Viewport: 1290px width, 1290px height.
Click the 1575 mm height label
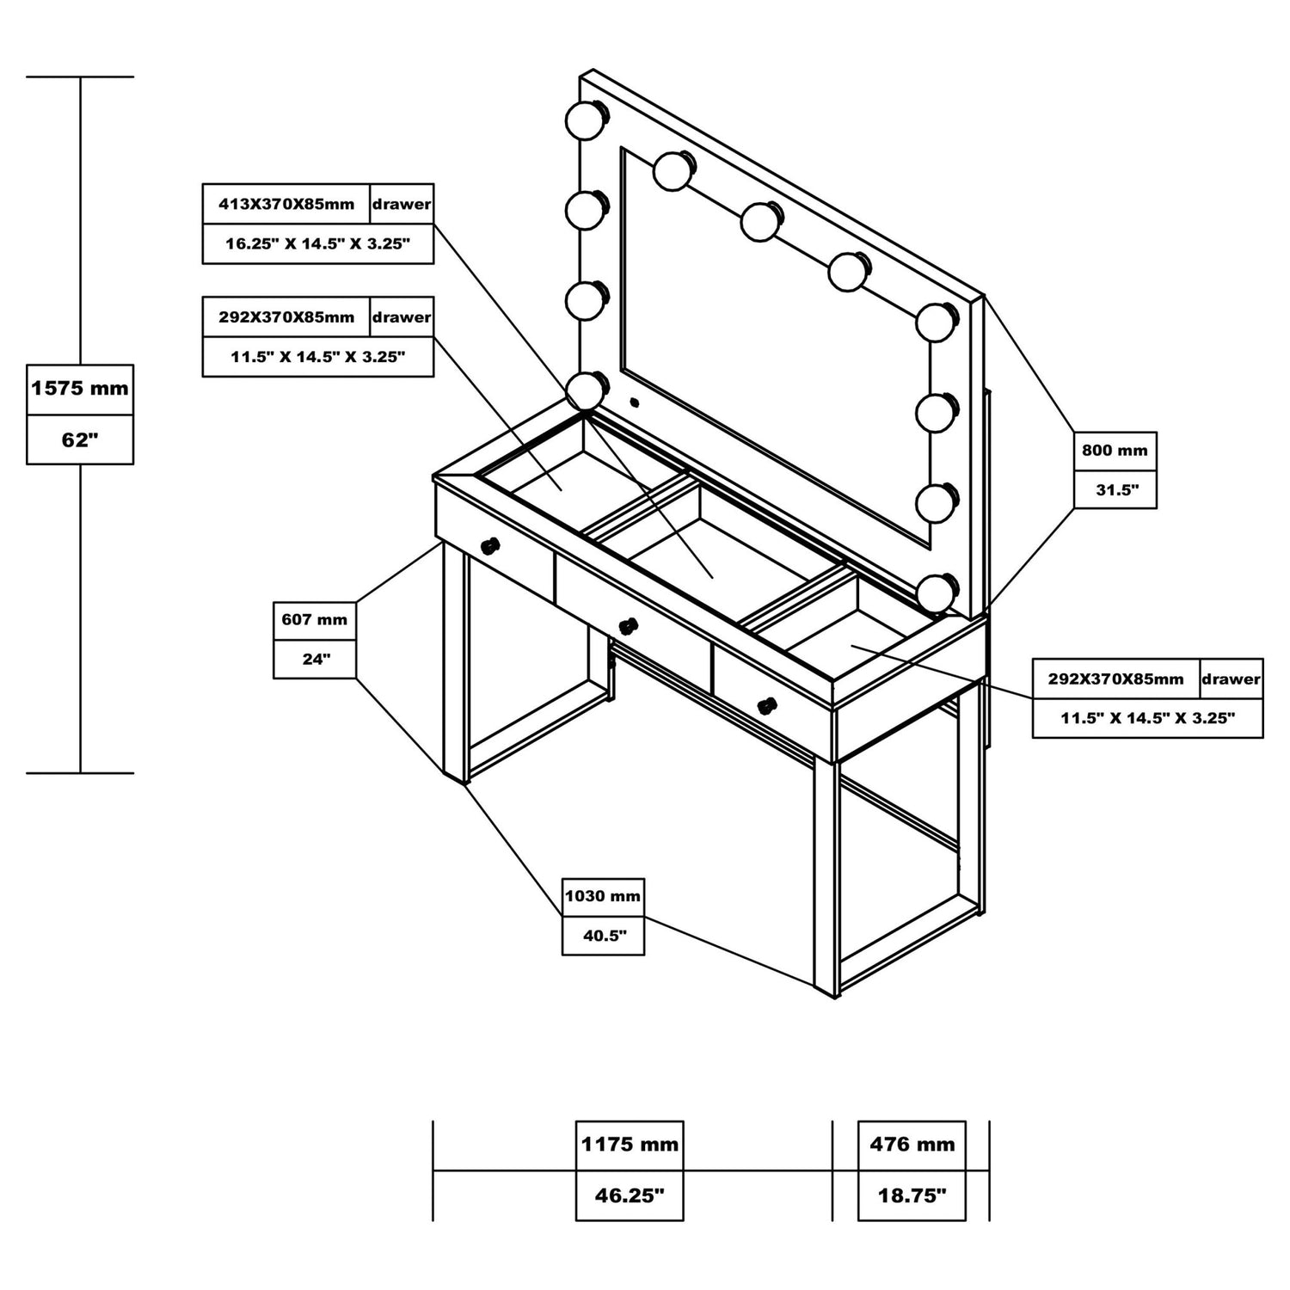(80, 389)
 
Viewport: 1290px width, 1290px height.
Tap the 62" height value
(80, 440)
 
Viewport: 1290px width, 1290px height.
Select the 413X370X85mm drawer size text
(286, 205)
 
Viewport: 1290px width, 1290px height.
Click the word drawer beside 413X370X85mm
(402, 205)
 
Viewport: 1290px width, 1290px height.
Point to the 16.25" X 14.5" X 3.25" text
(317, 244)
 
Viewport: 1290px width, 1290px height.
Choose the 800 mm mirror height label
(1115, 451)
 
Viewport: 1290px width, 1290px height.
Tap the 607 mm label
(314, 620)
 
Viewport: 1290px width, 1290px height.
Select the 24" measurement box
(315, 660)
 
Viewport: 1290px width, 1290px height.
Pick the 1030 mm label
(603, 897)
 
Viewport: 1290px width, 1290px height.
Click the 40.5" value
(604, 937)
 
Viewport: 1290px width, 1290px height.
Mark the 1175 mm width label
(630, 1145)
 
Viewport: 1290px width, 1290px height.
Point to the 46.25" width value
(630, 1196)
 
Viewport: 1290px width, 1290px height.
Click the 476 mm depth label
(912, 1145)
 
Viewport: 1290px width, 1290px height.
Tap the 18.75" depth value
(912, 1196)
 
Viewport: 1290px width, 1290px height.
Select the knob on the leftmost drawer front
(489, 546)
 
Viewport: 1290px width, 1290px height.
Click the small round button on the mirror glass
(635, 402)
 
